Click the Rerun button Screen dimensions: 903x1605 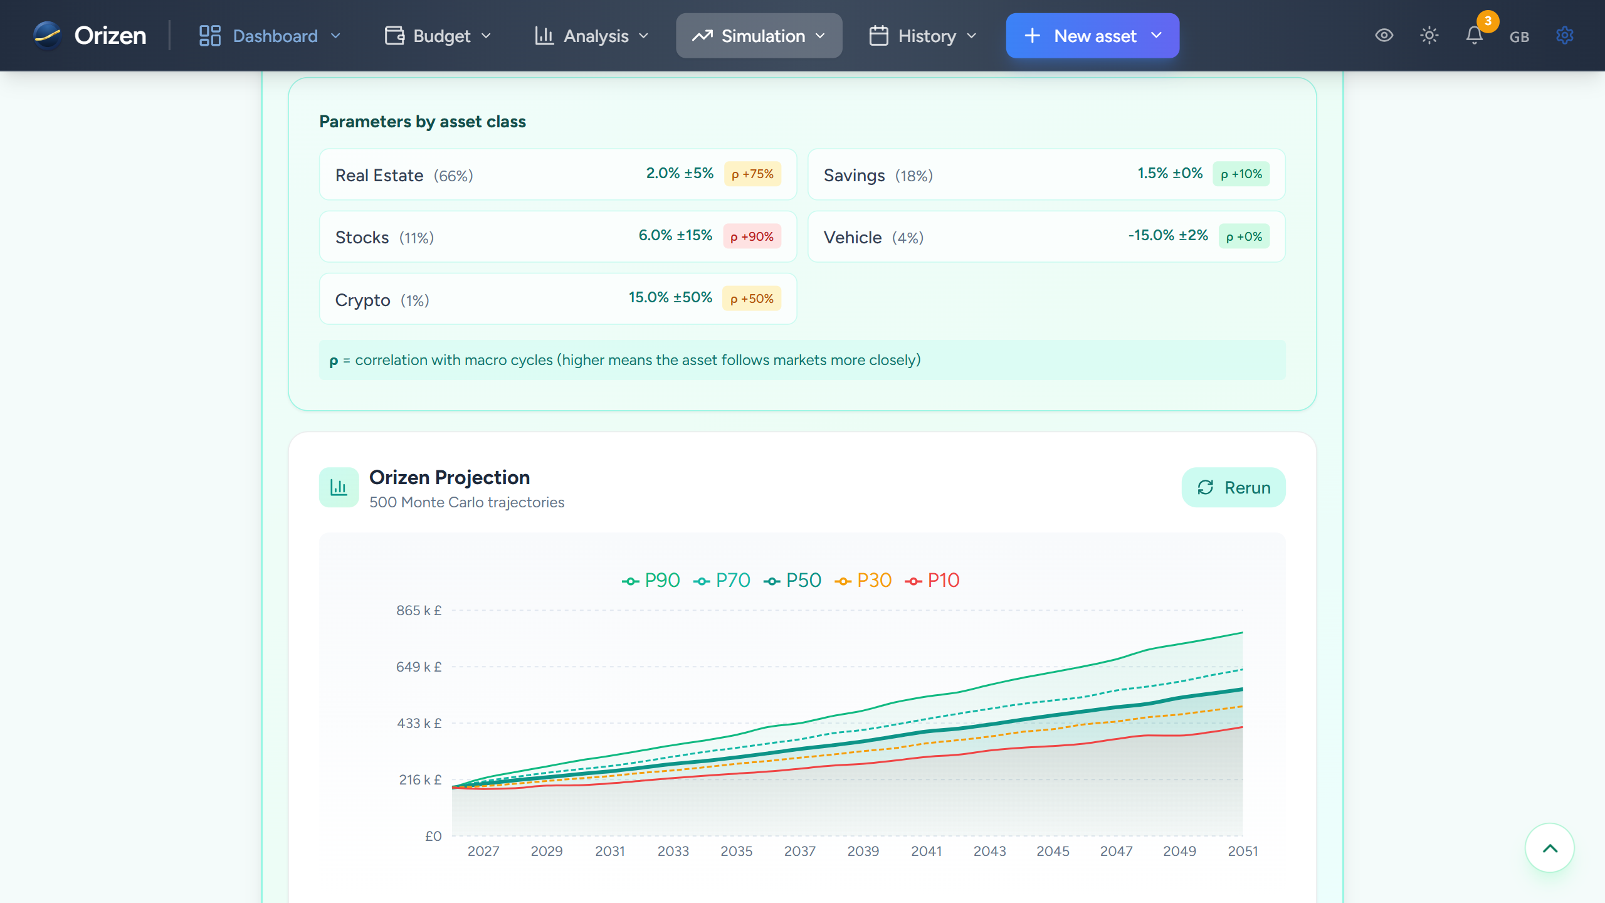[x=1233, y=487]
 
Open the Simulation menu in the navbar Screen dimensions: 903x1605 [x=759, y=36]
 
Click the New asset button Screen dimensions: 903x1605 [x=1092, y=36]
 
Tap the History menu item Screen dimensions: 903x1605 [x=923, y=36]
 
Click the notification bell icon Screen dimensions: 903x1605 [x=1474, y=35]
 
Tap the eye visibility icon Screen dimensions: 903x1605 [x=1384, y=35]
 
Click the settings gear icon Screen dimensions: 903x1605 [x=1564, y=35]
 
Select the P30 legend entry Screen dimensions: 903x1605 [x=863, y=580]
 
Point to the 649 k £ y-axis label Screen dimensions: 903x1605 [x=418, y=667]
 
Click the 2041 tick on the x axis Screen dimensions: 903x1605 [x=926, y=851]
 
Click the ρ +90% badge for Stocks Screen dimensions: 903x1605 [x=752, y=236]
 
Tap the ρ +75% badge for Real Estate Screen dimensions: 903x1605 [x=752, y=174]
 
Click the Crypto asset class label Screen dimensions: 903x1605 [x=362, y=300]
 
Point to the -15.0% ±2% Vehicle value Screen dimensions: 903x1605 [x=1167, y=235]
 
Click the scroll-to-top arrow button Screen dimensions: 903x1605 [x=1549, y=848]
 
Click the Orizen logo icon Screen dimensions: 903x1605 [x=48, y=35]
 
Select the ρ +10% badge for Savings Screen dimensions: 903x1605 [x=1241, y=174]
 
